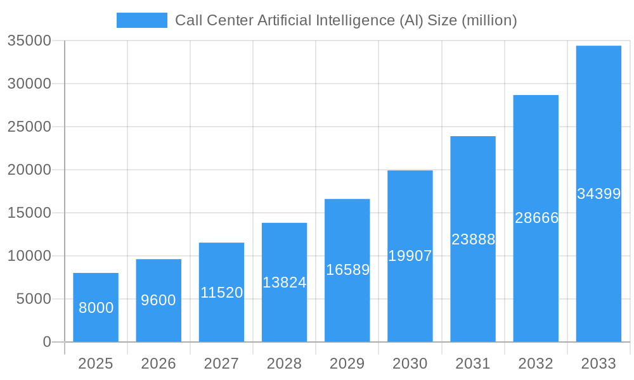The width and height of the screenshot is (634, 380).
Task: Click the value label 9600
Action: (158, 300)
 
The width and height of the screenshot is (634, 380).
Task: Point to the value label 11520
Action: (222, 293)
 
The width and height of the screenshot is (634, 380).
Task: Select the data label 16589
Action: (347, 270)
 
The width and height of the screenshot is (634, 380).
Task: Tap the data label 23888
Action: (473, 239)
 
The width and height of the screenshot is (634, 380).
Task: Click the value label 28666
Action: (536, 218)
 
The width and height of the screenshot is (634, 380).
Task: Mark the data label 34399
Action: (598, 194)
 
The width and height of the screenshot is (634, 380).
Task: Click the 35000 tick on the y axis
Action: (29, 41)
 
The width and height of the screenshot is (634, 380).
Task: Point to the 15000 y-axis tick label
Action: (29, 213)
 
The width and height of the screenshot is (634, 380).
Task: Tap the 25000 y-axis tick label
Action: (29, 127)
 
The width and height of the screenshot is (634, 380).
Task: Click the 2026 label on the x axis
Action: (158, 364)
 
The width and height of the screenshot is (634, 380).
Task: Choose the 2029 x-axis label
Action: (347, 364)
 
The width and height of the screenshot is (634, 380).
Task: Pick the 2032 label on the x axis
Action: (536, 364)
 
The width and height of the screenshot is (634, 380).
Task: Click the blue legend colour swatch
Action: (142, 20)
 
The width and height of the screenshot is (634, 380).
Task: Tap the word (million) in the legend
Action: (489, 20)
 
